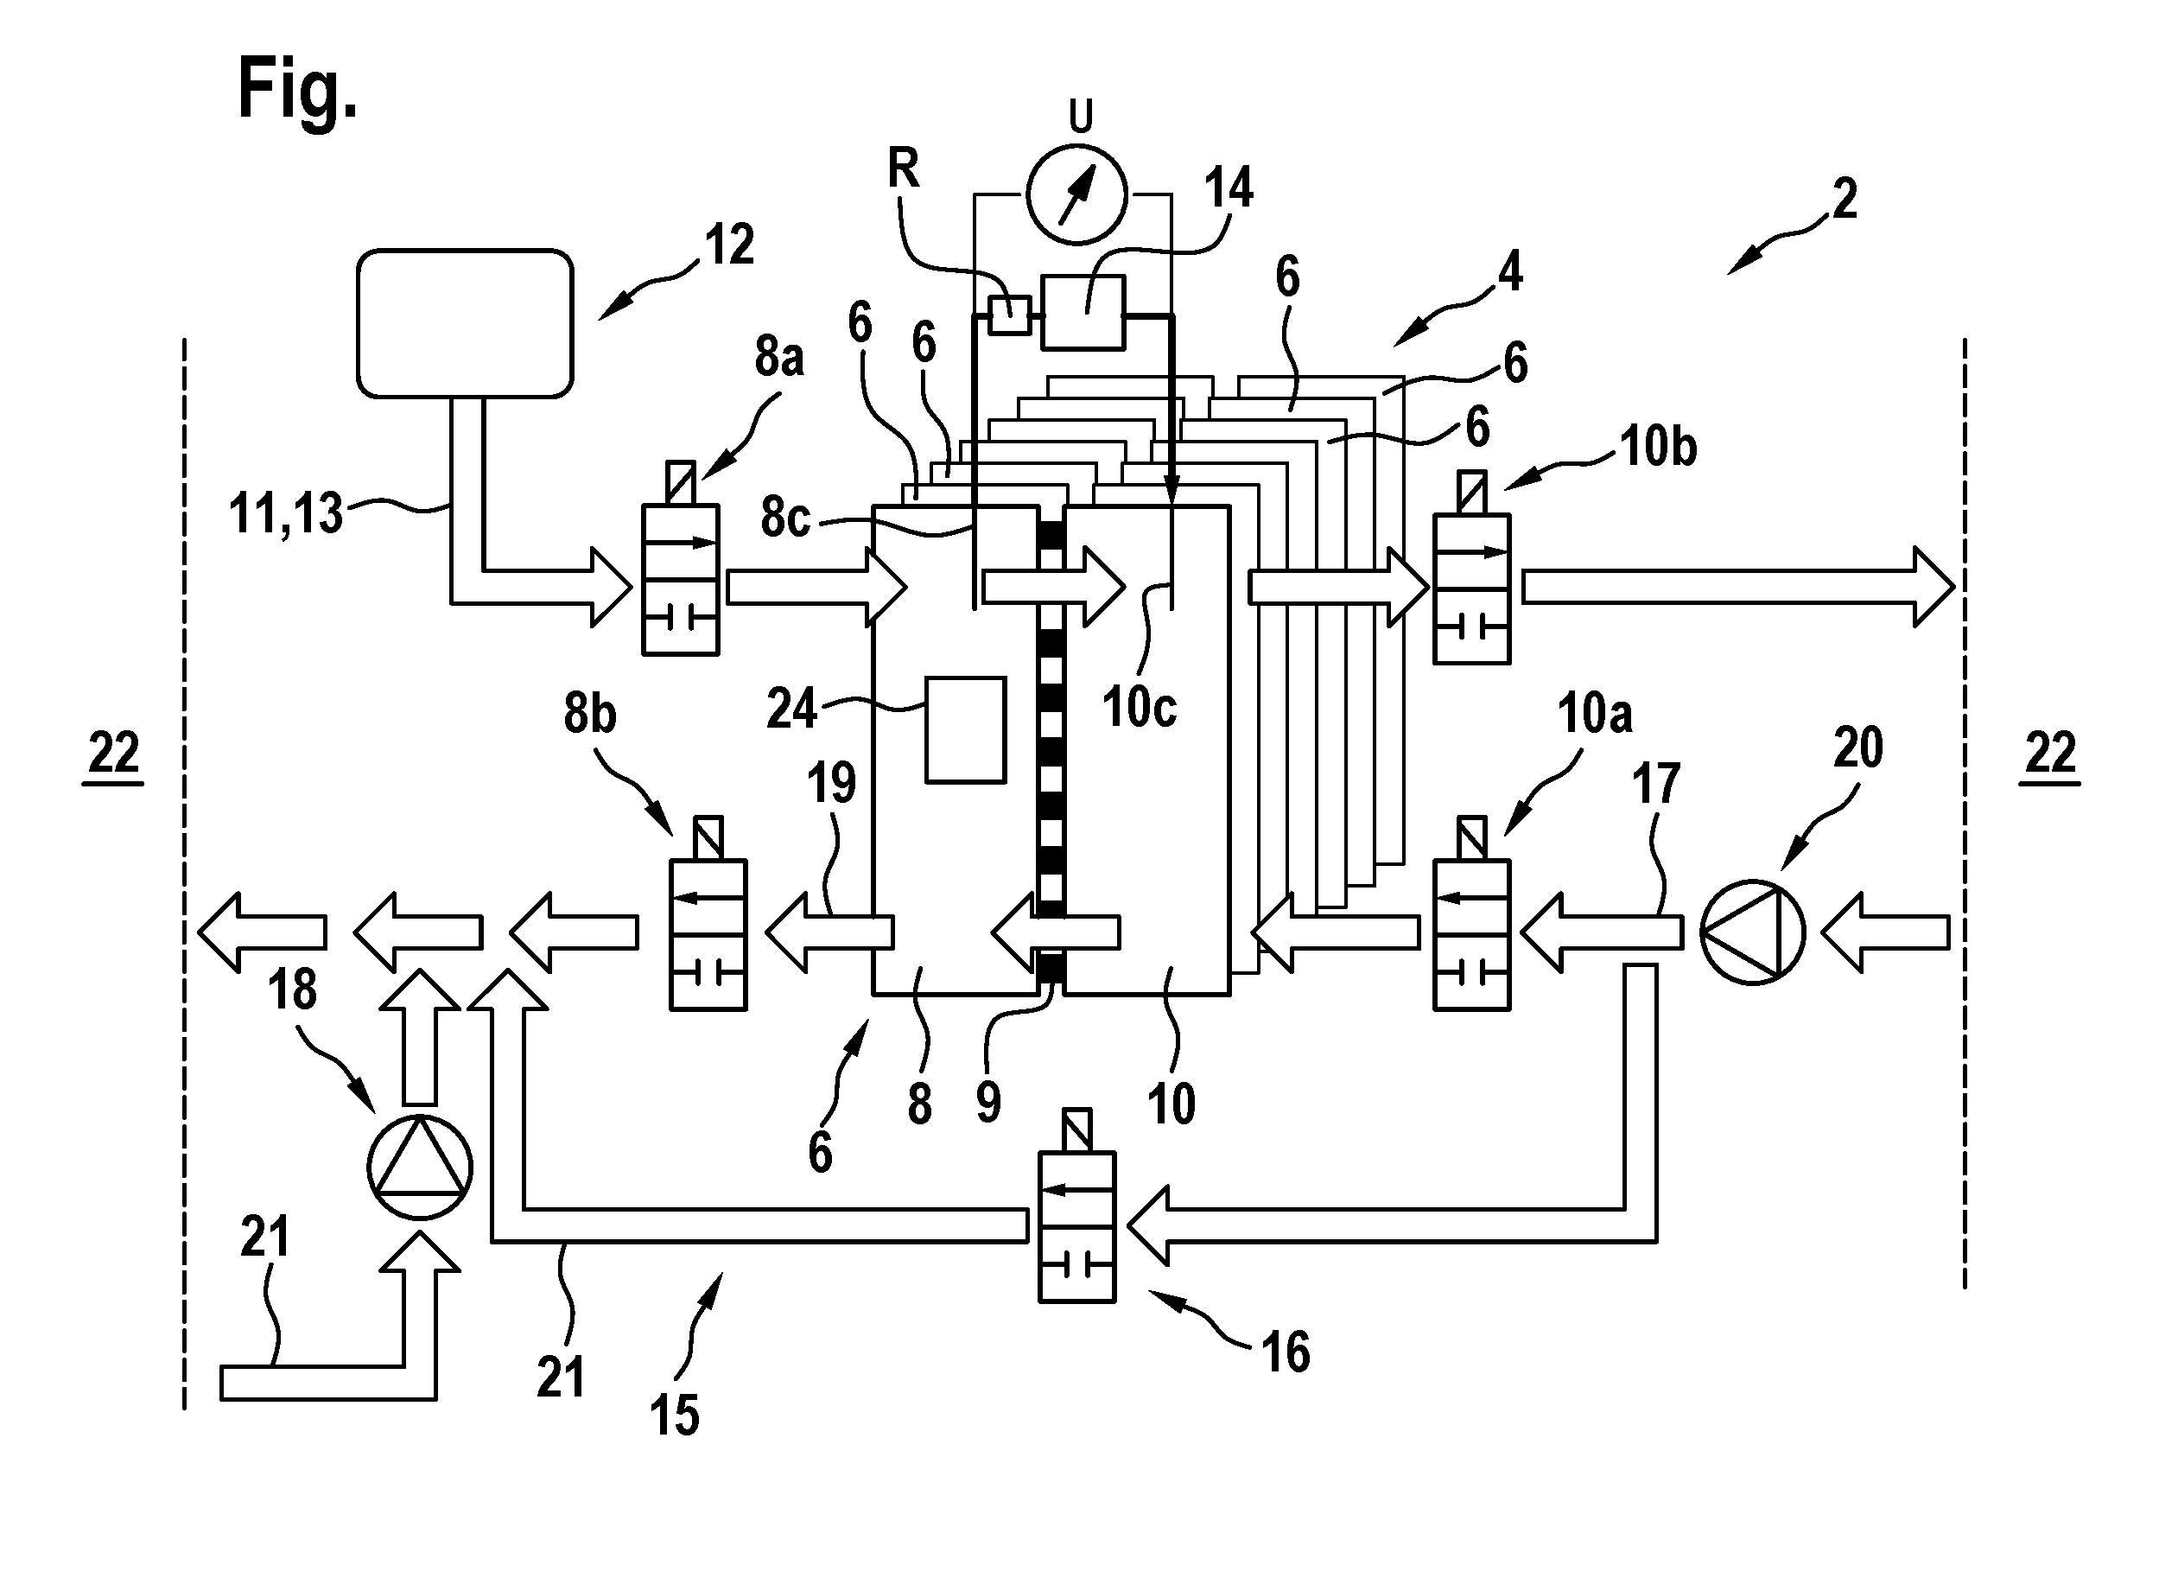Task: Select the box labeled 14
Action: point(1083,311)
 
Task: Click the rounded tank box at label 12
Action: point(465,322)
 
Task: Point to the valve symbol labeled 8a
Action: point(680,558)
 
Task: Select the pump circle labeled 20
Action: point(1753,932)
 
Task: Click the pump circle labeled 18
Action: point(420,1168)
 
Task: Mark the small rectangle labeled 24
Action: point(965,730)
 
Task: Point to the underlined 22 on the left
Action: point(114,754)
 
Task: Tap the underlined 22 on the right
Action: point(2050,754)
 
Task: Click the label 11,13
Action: point(285,514)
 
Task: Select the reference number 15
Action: point(674,1416)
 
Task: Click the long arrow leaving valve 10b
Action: point(1738,587)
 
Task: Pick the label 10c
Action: point(1139,708)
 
